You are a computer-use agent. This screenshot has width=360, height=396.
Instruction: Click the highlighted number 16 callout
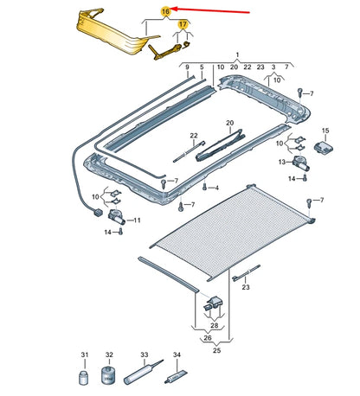point(166,11)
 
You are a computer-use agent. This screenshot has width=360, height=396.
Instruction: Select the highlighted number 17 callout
point(183,26)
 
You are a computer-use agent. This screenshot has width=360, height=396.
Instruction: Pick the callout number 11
point(135,221)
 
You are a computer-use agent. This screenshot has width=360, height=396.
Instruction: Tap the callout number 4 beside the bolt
point(216,188)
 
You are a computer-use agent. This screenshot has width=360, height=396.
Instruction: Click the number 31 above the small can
point(85,355)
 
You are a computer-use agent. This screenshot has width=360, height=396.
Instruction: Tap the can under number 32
point(109,378)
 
